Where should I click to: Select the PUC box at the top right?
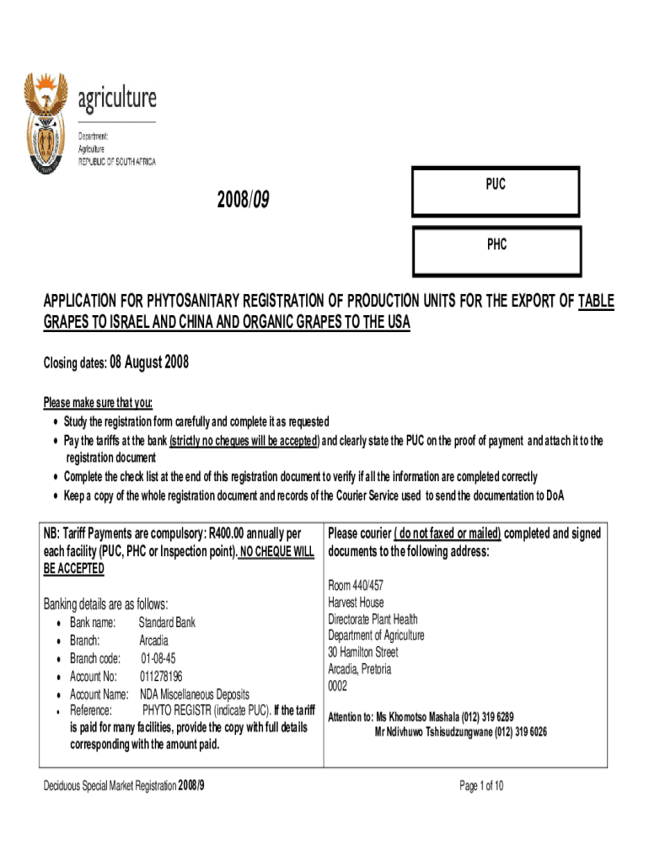click(496, 191)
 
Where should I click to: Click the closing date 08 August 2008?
click(149, 363)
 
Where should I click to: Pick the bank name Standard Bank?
click(167, 622)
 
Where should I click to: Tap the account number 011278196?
click(161, 676)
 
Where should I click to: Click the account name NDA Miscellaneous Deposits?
click(195, 694)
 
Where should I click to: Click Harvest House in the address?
click(356, 603)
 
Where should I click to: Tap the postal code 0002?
click(337, 686)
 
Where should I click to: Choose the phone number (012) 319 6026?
click(520, 732)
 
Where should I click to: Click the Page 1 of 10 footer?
click(481, 786)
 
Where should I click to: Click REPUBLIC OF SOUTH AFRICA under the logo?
click(116, 161)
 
